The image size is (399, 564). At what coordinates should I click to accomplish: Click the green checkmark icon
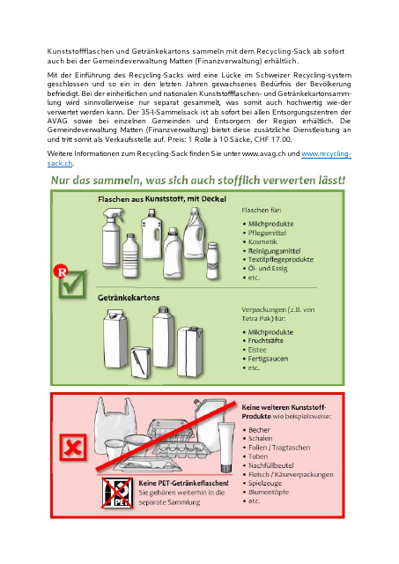click(x=72, y=281)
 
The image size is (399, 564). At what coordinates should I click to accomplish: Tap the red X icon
click(x=73, y=449)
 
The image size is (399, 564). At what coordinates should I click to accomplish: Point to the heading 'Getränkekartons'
click(x=129, y=297)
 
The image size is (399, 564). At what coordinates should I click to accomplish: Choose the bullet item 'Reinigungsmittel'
click(x=276, y=250)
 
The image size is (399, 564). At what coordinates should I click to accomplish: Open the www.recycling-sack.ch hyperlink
click(x=326, y=153)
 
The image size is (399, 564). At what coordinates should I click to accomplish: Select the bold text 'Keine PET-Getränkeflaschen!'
click(x=184, y=484)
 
